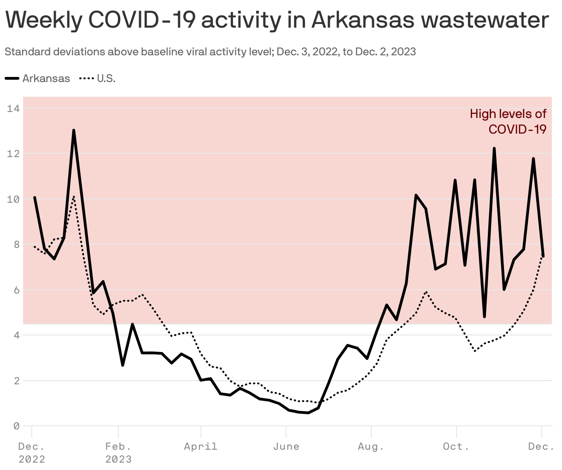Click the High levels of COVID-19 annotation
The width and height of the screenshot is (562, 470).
(x=508, y=121)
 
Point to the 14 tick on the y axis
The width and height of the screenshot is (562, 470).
(x=13, y=109)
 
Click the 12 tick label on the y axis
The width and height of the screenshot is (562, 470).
(x=13, y=154)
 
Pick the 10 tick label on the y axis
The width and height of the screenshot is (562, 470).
(x=13, y=199)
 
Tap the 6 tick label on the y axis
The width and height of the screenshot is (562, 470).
(x=16, y=290)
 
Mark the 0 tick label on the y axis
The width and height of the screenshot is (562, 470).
(x=16, y=426)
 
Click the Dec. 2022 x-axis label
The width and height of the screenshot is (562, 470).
(x=32, y=452)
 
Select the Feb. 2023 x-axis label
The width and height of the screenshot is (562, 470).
(x=118, y=452)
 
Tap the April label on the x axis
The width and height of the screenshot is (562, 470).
(x=200, y=446)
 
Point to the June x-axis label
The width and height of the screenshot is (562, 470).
(x=286, y=446)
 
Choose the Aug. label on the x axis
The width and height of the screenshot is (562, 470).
(x=371, y=446)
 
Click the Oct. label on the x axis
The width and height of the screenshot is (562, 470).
(x=456, y=446)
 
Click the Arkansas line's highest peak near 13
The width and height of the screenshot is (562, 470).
(x=74, y=130)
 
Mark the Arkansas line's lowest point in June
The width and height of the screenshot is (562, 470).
(x=308, y=412)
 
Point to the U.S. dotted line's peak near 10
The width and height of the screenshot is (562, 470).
(x=74, y=197)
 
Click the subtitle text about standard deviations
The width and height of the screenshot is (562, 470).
(x=210, y=52)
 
